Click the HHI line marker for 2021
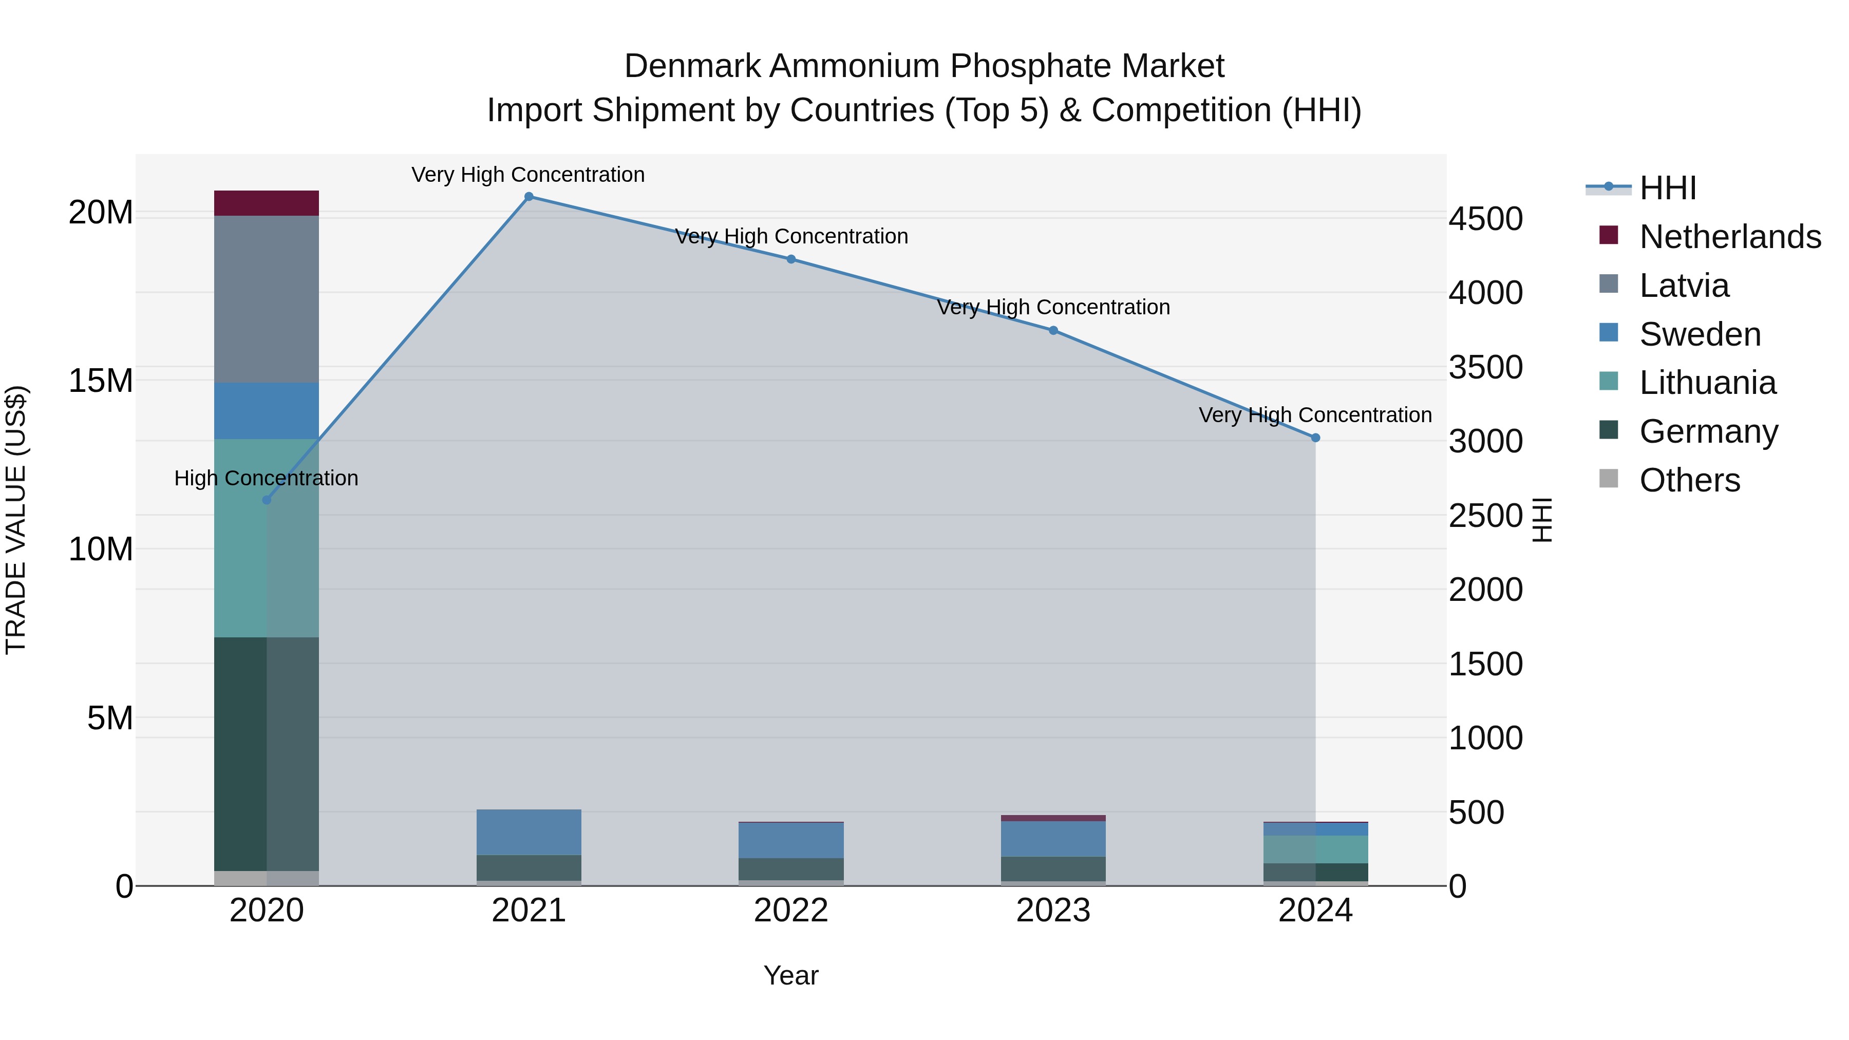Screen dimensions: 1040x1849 point(529,197)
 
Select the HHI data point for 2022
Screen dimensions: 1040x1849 point(791,259)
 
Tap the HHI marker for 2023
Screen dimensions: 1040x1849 point(1053,330)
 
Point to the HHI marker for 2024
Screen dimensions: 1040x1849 point(1315,438)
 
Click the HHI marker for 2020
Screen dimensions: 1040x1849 point(266,500)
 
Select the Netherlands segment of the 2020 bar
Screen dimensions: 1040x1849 point(266,203)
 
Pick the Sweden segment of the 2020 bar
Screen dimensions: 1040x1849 point(266,410)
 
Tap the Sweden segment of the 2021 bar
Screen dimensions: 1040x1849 point(529,832)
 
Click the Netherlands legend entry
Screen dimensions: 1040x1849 point(1730,237)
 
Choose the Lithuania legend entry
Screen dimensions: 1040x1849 point(1707,383)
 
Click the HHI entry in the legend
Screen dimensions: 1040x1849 point(1667,188)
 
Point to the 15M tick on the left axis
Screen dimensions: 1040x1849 point(101,381)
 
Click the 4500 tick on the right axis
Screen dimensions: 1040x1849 point(1485,219)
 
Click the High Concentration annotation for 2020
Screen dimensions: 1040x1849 point(266,478)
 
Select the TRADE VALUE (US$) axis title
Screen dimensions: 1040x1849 point(16,520)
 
